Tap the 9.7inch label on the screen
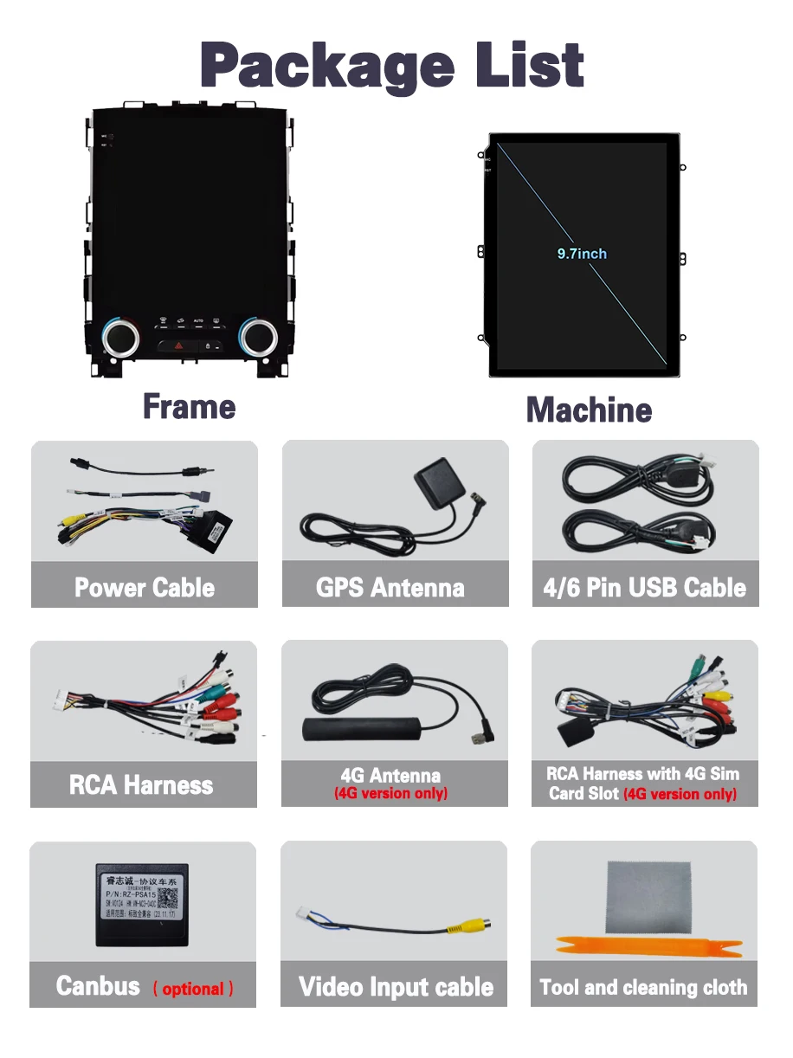tap(581, 254)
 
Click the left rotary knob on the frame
tap(119, 338)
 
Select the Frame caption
tap(189, 406)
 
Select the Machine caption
tap(589, 410)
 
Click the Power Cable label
tap(145, 588)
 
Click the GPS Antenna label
tap(390, 588)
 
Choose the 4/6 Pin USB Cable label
tap(644, 588)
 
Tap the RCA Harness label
tap(141, 785)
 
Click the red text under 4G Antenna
tap(390, 793)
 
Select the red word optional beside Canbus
tap(193, 989)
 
